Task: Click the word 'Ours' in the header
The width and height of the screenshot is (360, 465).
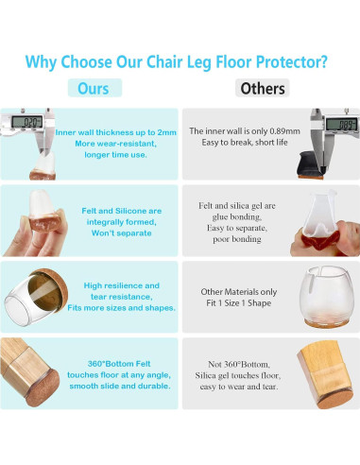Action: point(93,89)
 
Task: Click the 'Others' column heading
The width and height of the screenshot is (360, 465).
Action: point(263,89)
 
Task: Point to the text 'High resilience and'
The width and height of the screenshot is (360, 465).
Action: point(122,284)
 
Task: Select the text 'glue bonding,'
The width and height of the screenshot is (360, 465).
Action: point(239,216)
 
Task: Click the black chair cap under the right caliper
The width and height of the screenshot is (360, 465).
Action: point(334,146)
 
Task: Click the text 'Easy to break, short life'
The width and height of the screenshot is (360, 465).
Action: point(244,143)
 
